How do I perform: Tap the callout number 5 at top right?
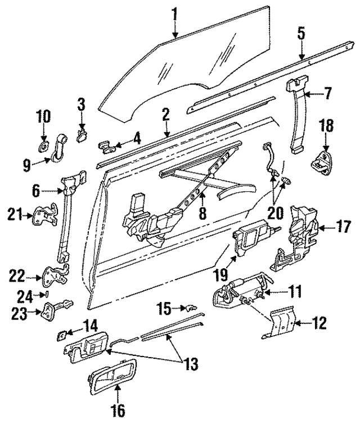301,33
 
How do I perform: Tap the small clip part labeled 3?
82,133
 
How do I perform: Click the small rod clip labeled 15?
190,308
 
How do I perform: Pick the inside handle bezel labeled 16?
111,378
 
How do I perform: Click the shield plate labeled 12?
280,324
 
